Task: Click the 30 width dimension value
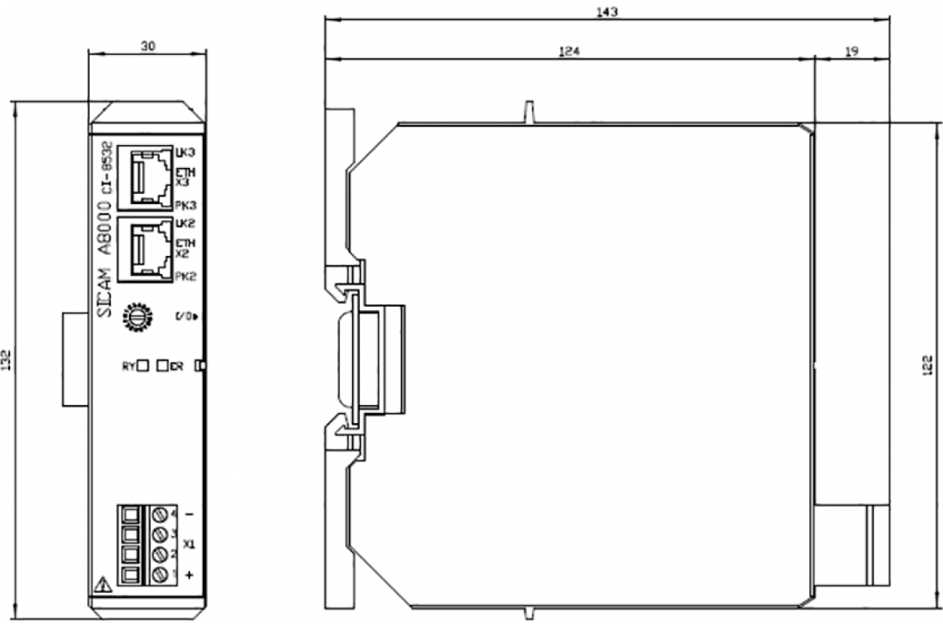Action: click(147, 46)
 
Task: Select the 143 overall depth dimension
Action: click(608, 12)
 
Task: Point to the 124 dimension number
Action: click(569, 52)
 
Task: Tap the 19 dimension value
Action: click(851, 52)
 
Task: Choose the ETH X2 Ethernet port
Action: click(146, 250)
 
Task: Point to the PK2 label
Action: click(185, 276)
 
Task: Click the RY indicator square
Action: click(143, 366)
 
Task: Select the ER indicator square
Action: click(163, 366)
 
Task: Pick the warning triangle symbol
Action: click(101, 584)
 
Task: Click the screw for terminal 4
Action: click(160, 514)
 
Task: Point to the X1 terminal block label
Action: click(189, 543)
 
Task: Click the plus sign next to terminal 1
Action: click(189, 575)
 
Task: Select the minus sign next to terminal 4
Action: click(189, 514)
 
